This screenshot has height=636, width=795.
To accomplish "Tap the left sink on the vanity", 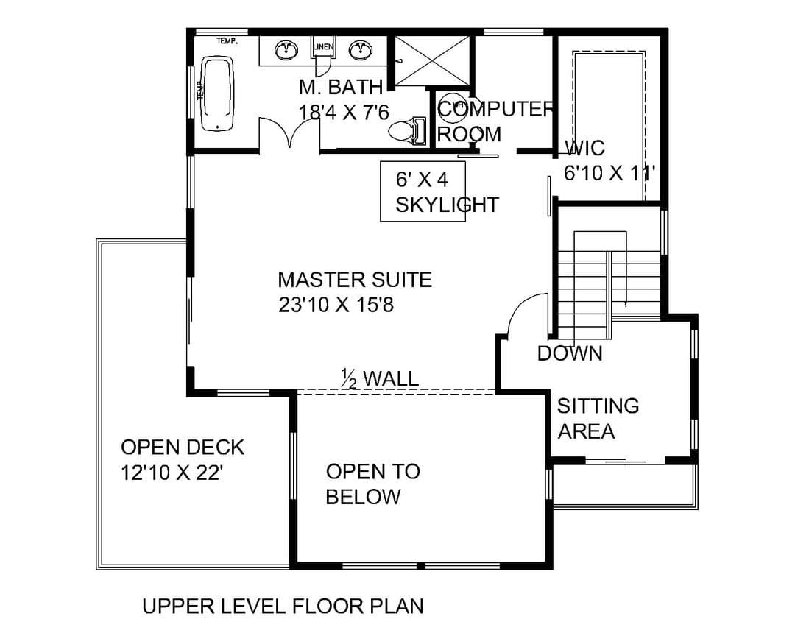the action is pyautogui.click(x=286, y=50).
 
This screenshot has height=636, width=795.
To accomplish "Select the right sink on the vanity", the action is pyautogui.click(x=361, y=49).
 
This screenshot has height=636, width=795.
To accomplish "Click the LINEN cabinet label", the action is pyautogui.click(x=323, y=47).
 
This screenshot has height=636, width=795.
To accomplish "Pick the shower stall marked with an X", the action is pyautogui.click(x=432, y=60).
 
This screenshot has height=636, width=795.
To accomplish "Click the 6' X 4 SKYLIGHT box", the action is pyautogui.click(x=423, y=191).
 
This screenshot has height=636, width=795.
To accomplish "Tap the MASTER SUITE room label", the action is pyautogui.click(x=355, y=280).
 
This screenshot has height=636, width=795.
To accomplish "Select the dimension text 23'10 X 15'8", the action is pyautogui.click(x=336, y=305).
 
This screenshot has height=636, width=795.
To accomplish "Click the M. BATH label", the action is pyautogui.click(x=340, y=88).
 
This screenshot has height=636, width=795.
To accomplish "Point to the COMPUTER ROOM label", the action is pyautogui.click(x=495, y=121).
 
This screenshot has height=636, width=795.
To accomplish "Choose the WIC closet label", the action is pyautogui.click(x=584, y=148).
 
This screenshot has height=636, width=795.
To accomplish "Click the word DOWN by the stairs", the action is pyautogui.click(x=570, y=353).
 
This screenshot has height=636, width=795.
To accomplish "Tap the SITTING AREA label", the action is pyautogui.click(x=598, y=418).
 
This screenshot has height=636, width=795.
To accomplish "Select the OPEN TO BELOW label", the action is pyautogui.click(x=373, y=484).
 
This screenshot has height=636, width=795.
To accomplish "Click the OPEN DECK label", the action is pyautogui.click(x=183, y=448).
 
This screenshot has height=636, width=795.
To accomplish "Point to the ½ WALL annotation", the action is pyautogui.click(x=381, y=379).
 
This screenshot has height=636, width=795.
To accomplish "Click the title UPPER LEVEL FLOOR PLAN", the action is pyautogui.click(x=283, y=607).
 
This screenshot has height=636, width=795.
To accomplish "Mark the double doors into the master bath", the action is pyautogui.click(x=289, y=133).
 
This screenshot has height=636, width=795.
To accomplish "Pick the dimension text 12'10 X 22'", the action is pyautogui.click(x=172, y=473).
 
